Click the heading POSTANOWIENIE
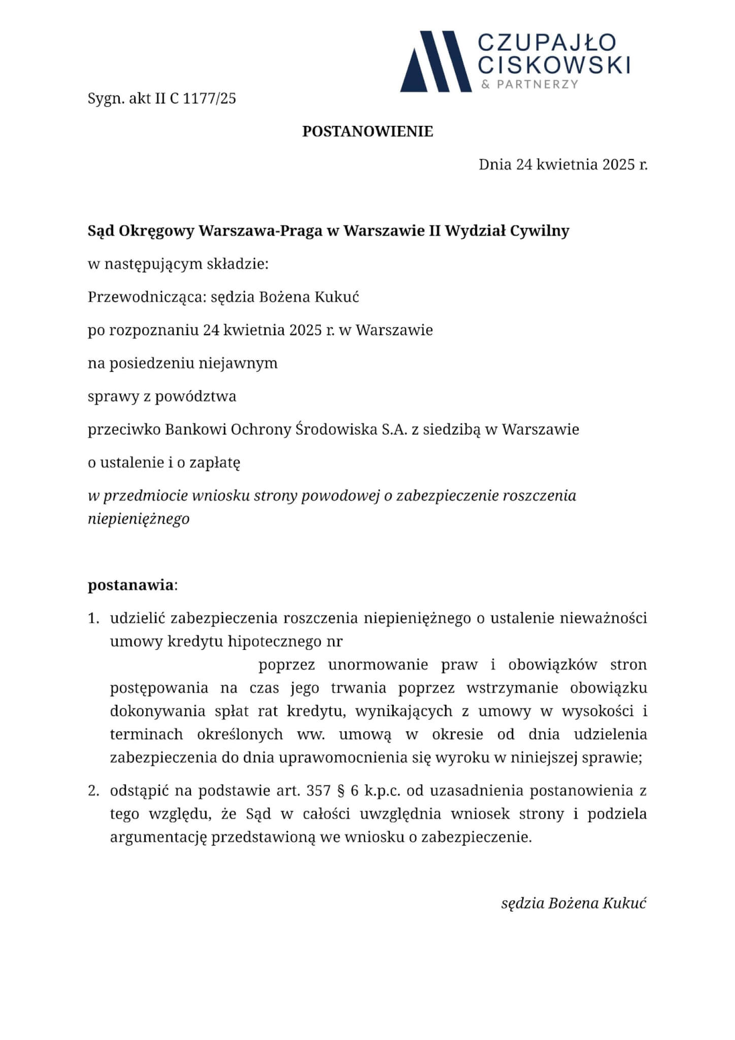click(367, 132)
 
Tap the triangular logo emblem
click(436, 61)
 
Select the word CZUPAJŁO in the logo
click(547, 43)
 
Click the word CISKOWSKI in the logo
click(554, 65)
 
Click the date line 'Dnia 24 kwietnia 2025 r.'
click(563, 165)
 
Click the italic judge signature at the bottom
click(574, 903)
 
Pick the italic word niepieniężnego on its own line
click(139, 519)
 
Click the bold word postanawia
click(130, 585)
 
